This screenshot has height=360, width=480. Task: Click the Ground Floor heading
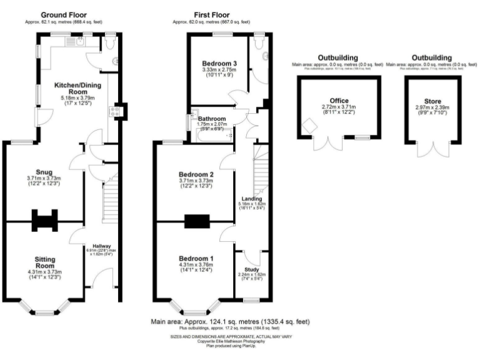click(64, 14)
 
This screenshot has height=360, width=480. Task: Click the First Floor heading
click(211, 14)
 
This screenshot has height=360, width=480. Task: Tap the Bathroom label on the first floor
click(211, 118)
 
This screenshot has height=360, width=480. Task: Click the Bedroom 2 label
click(196, 174)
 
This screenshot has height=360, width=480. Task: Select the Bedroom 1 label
click(196, 259)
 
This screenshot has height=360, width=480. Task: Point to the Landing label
click(252, 199)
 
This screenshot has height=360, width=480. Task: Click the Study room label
click(252, 269)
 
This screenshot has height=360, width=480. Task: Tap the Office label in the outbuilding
click(339, 99)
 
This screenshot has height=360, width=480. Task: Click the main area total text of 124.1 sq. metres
click(230, 322)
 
